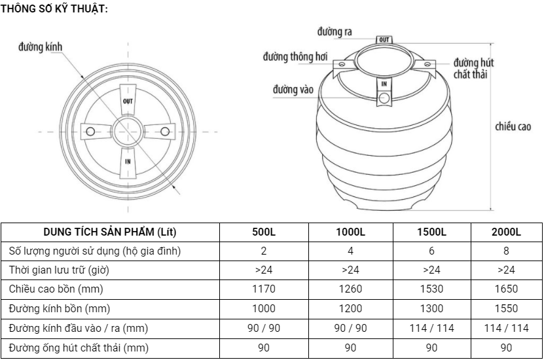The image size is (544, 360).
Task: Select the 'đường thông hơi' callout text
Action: [295, 57]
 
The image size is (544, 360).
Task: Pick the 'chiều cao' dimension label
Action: [513, 126]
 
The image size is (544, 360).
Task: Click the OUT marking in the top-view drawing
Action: [128, 101]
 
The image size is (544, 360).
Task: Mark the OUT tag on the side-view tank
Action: [384, 40]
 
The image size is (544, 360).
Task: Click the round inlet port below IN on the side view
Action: [384, 99]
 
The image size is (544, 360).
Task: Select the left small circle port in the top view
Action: [90, 132]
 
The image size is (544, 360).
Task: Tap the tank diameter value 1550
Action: [506, 308]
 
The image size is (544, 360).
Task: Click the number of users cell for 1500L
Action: [431, 251]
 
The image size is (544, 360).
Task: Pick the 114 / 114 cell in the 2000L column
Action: [506, 328]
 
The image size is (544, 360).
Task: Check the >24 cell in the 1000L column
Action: [350, 270]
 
